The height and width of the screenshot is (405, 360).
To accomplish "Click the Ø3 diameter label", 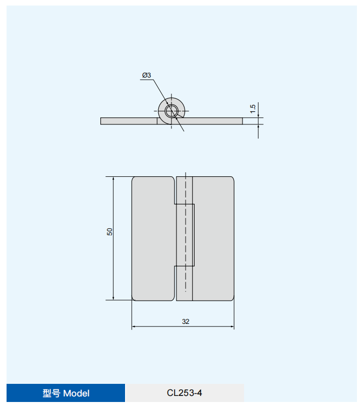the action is [146, 75].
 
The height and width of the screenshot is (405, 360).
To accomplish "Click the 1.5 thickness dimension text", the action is [253, 108].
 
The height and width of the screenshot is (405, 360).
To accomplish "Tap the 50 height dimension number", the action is [109, 232].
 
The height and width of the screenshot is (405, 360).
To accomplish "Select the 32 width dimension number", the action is [186, 321].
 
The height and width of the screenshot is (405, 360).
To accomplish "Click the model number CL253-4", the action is [185, 393].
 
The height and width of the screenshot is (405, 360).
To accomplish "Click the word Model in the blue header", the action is [76, 393].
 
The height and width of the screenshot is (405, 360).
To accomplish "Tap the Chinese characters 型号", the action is [51, 393].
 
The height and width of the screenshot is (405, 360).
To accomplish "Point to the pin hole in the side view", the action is [171, 111].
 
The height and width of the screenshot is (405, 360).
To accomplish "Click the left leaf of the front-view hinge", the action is [153, 239].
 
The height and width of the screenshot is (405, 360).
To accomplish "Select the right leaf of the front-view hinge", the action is [213, 239].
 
